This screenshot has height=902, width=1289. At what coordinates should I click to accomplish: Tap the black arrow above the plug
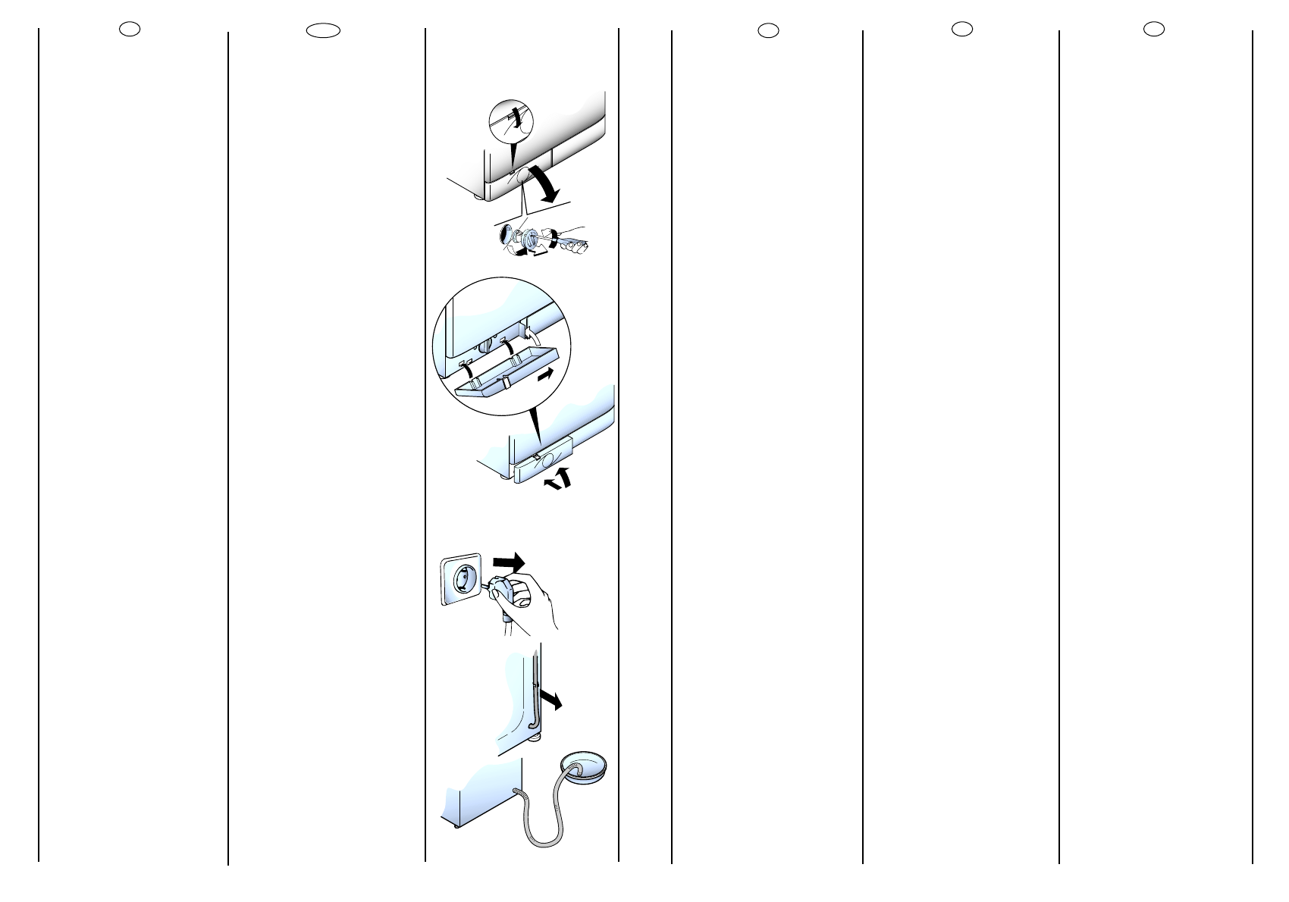pos(508,562)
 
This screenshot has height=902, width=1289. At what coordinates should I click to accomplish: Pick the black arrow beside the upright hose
pos(550,698)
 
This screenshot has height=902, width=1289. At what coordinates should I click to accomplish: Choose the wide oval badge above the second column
pos(323,30)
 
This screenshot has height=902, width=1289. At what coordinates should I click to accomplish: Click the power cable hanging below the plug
pos(505,625)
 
